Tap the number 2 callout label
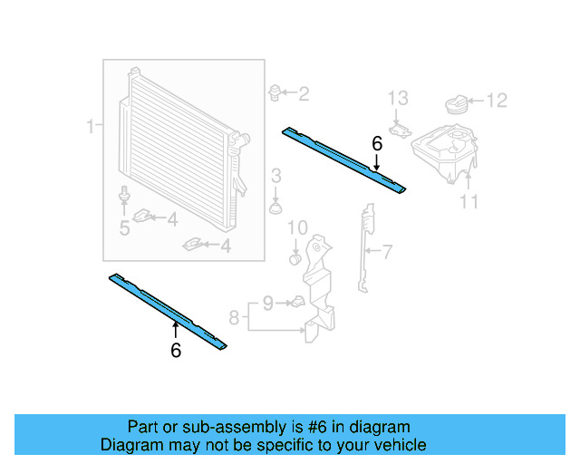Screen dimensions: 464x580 304,92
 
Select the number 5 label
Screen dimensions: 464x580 124,228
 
